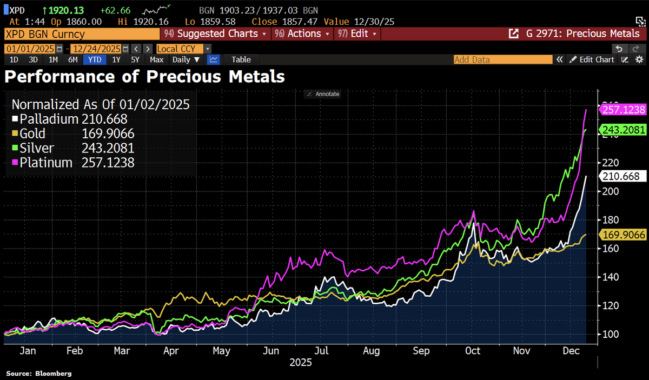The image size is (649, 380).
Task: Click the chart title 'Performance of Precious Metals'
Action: (x=144, y=76)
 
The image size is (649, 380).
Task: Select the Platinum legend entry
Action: (x=72, y=162)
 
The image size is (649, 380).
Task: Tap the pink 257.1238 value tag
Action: (x=623, y=110)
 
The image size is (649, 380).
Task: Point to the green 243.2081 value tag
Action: (x=623, y=130)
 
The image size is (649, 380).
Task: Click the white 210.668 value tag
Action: (x=622, y=176)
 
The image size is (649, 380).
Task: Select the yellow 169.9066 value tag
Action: (x=623, y=234)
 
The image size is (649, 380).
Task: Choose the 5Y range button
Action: (x=135, y=59)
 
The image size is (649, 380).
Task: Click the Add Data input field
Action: (x=503, y=59)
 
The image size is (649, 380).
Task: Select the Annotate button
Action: (x=323, y=94)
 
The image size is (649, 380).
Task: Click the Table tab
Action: (x=241, y=59)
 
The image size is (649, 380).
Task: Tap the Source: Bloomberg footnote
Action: (x=39, y=374)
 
